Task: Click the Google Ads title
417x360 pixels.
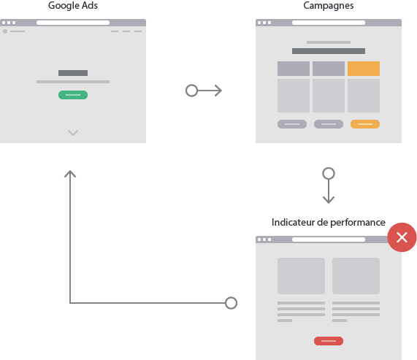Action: pyautogui.click(x=73, y=6)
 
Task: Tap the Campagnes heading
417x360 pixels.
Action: pyautogui.click(x=329, y=6)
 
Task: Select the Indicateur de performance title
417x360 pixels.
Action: pyautogui.click(x=329, y=222)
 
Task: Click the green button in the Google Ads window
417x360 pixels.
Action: pyautogui.click(x=73, y=95)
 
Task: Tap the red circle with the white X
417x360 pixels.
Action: pyautogui.click(x=402, y=237)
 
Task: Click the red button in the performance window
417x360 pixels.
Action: pyautogui.click(x=329, y=341)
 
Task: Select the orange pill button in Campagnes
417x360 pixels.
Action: pyautogui.click(x=365, y=124)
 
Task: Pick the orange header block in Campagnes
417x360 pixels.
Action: pyautogui.click(x=364, y=69)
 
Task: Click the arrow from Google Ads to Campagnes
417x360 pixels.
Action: pyautogui.click(x=204, y=91)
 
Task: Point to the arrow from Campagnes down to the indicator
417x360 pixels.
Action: pyautogui.click(x=329, y=185)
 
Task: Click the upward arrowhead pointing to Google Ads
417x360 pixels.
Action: pyautogui.click(x=70, y=174)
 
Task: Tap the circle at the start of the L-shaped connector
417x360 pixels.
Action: pyautogui.click(x=231, y=303)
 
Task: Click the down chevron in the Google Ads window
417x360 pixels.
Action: pyautogui.click(x=73, y=133)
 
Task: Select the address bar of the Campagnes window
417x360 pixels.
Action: pyautogui.click(x=329, y=23)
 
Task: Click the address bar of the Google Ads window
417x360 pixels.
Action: pyautogui.click(x=73, y=23)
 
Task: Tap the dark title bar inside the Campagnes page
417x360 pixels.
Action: pyautogui.click(x=329, y=51)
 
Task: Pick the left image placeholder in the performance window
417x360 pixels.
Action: pyautogui.click(x=301, y=276)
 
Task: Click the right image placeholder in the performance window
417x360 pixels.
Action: pyautogui.click(x=356, y=276)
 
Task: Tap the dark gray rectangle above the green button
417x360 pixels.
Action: pyautogui.click(x=73, y=73)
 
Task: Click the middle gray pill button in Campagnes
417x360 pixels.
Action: pyautogui.click(x=329, y=124)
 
